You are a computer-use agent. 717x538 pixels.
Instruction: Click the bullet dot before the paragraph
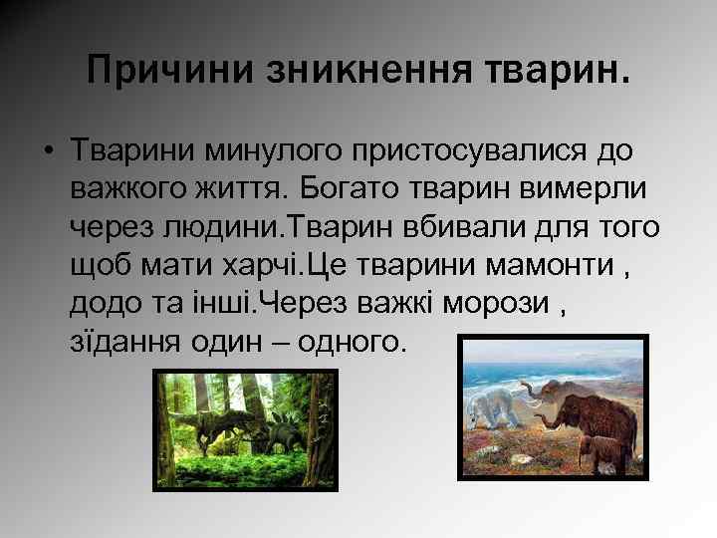[47, 150]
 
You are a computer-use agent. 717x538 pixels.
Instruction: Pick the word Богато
[363, 188]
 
